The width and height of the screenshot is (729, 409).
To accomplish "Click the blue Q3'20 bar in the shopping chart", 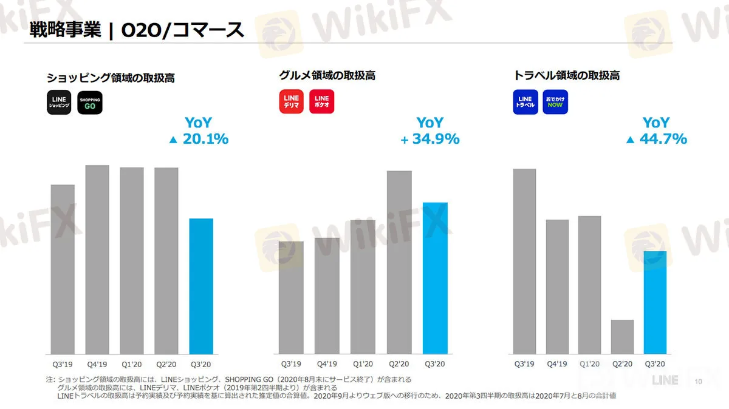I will tap(201, 286).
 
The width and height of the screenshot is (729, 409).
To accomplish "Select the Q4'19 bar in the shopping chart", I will tap(97, 259).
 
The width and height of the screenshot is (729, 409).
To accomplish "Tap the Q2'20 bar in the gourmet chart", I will tap(399, 262).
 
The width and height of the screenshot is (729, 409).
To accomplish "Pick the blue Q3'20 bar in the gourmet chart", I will tap(435, 277).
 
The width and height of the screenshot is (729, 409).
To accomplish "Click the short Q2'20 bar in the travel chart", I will tap(622, 336).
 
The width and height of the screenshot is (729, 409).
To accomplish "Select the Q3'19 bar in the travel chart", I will tap(524, 261).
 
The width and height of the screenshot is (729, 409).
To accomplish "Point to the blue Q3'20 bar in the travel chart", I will tap(655, 302).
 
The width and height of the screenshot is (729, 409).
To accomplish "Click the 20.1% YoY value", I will tap(205, 139).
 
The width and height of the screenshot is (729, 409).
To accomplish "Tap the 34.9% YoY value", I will tap(436, 139).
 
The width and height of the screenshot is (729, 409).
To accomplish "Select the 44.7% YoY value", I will tap(663, 139).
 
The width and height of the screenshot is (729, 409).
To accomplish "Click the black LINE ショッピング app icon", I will tap(60, 102).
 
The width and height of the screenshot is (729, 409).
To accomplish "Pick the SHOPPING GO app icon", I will tap(90, 102).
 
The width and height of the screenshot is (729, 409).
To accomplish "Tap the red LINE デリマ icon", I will tap(292, 101).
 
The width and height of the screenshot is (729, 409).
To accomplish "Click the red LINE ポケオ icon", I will tap(322, 101).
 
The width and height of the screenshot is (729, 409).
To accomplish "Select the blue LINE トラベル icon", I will tap(525, 101).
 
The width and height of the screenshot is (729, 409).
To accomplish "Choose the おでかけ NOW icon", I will tap(555, 101).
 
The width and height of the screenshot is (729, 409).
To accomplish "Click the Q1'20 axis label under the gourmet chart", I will tap(363, 364).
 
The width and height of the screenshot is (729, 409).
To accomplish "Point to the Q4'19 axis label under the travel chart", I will tap(557, 364).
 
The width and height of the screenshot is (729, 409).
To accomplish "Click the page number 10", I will tap(697, 382).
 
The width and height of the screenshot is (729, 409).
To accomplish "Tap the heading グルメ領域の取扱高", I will tap(327, 76).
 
